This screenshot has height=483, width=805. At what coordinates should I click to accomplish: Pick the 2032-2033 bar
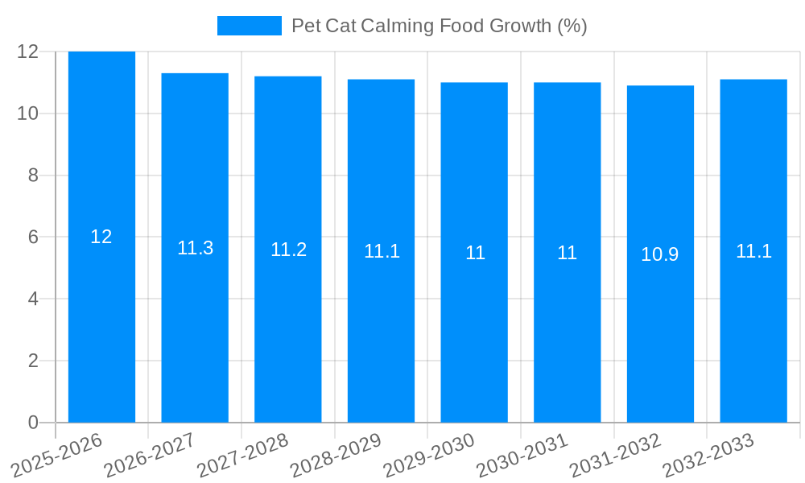[753, 338]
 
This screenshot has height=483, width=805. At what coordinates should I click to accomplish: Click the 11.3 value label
[195, 248]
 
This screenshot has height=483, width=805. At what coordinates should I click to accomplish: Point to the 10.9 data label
[660, 254]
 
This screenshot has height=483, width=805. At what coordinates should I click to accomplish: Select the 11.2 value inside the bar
[288, 250]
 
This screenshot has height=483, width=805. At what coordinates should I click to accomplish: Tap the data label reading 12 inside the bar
[101, 237]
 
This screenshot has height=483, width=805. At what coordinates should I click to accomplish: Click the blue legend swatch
[250, 26]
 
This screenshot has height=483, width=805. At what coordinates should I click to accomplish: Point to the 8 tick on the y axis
[33, 175]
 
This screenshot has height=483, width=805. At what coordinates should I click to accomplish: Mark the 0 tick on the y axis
[33, 423]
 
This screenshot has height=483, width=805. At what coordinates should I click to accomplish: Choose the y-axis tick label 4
[33, 299]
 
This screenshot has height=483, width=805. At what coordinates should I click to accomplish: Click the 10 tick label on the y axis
[28, 114]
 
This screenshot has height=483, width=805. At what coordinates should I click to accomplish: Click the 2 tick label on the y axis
[33, 361]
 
